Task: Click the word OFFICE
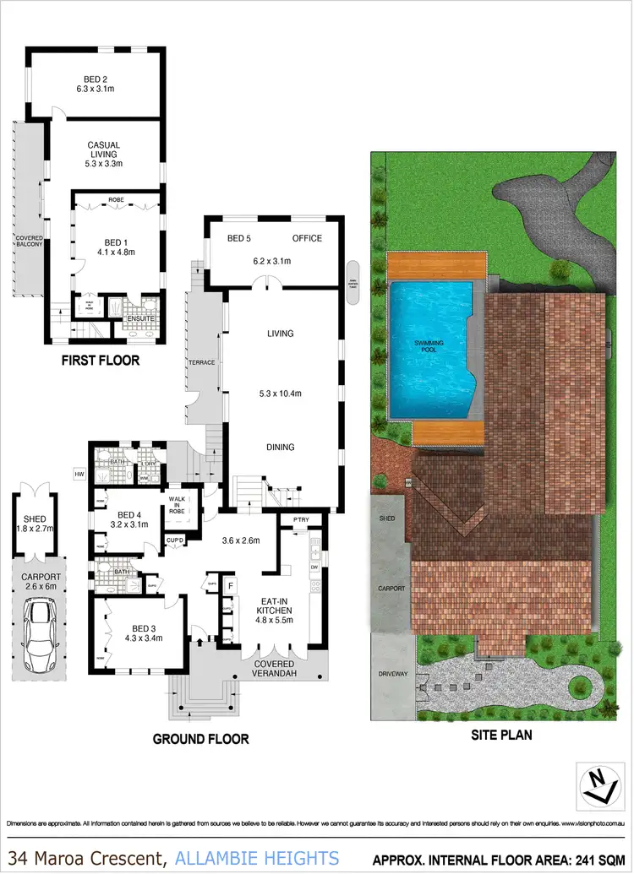(x=307, y=238)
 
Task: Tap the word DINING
(x=280, y=448)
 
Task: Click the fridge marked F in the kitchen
(x=230, y=584)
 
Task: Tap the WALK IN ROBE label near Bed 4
(x=177, y=504)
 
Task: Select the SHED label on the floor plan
(x=36, y=519)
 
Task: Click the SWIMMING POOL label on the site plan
(x=427, y=345)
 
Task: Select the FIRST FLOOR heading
(x=100, y=361)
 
